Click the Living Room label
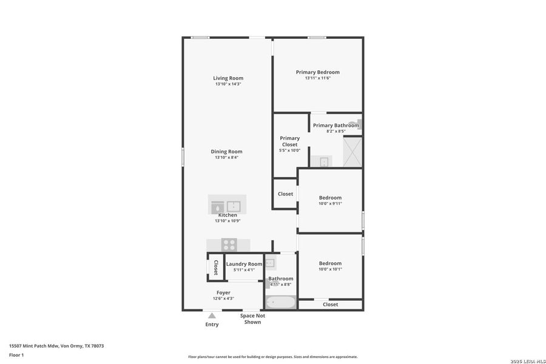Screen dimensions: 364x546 pyautogui.click(x=228, y=78)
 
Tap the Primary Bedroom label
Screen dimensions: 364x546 pyautogui.click(x=317, y=72)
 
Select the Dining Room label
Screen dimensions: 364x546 pyautogui.click(x=226, y=152)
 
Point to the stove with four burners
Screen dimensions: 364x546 pyautogui.click(x=229, y=244)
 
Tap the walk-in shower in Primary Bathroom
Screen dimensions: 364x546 pyautogui.click(x=352, y=152)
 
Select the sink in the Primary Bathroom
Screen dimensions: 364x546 pyautogui.click(x=324, y=161)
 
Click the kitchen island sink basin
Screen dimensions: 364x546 pyautogui.click(x=234, y=206)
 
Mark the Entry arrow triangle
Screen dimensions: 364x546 pyautogui.click(x=212, y=315)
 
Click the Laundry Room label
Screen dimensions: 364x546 pyautogui.click(x=244, y=264)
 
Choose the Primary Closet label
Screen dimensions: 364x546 pyautogui.click(x=289, y=141)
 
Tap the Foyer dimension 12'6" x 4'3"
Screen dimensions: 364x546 pyautogui.click(x=223, y=298)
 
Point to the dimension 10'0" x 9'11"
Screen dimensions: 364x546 pyautogui.click(x=330, y=204)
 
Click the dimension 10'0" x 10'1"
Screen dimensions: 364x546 pyautogui.click(x=330, y=269)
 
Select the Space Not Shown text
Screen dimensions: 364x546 pyautogui.click(x=252, y=319)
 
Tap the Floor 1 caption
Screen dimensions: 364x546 pyautogui.click(x=16, y=355)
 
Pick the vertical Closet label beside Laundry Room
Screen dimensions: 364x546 pyautogui.click(x=215, y=268)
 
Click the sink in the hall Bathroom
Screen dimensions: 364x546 pyautogui.click(x=271, y=263)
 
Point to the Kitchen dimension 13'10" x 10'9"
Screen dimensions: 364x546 pyautogui.click(x=227, y=221)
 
